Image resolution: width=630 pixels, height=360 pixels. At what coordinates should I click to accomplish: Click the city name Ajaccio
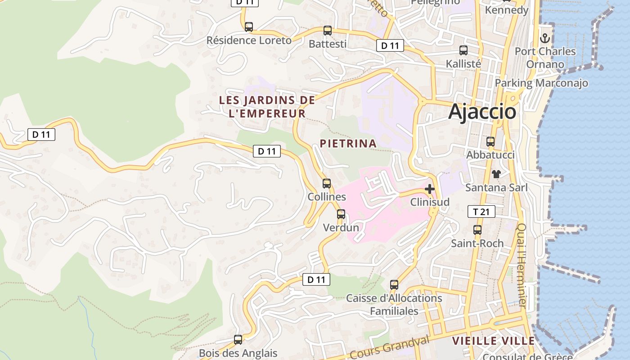point(482,112)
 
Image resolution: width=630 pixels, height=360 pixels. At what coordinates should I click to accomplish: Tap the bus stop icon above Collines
point(327,184)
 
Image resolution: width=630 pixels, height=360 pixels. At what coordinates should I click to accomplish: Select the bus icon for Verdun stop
point(341,214)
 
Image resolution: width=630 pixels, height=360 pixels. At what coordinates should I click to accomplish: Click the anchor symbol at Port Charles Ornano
point(545,38)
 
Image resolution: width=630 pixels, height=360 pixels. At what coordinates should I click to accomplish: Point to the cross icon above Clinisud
point(430,189)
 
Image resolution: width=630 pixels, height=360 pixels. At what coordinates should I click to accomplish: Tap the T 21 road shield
point(481,211)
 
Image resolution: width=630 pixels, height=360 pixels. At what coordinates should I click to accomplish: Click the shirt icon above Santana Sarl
point(496,174)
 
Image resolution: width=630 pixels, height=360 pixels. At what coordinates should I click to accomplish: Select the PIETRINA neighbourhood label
point(348,144)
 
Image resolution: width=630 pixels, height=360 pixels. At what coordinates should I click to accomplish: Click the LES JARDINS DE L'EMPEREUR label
point(267,107)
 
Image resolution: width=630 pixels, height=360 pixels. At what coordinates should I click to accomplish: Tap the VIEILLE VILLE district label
point(493,341)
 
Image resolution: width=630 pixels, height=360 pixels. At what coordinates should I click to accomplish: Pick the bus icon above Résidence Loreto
point(249,27)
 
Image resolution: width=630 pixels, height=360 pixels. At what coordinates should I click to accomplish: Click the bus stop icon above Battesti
point(328,31)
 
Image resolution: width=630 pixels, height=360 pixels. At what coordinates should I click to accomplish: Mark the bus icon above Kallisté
point(463,50)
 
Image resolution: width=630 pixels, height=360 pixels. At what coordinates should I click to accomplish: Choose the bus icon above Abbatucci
point(490,142)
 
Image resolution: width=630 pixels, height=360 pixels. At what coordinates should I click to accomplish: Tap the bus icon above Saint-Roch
point(477,230)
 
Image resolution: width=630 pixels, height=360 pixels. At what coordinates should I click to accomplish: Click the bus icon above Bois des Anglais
point(238,340)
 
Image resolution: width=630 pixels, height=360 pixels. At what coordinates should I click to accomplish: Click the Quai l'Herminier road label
point(522,265)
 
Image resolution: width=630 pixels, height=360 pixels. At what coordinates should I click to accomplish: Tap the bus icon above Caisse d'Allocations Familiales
point(394,285)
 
